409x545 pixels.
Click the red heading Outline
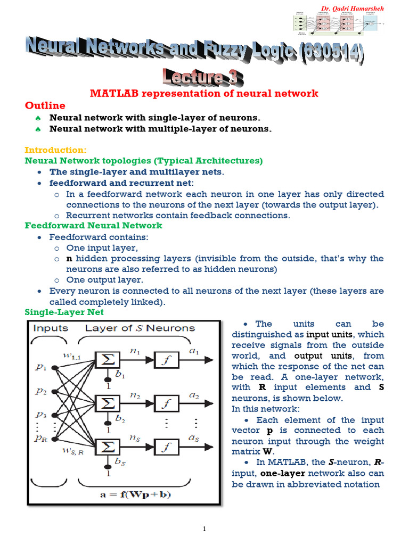46,105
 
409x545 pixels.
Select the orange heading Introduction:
55,150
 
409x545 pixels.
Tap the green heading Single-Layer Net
64,312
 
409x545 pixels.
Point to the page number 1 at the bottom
204,529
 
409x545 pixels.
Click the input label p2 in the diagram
41,391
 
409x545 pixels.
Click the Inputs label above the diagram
51,328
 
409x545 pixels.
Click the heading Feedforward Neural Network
94,226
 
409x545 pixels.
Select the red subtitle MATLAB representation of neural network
204,94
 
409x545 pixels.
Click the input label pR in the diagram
41,437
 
